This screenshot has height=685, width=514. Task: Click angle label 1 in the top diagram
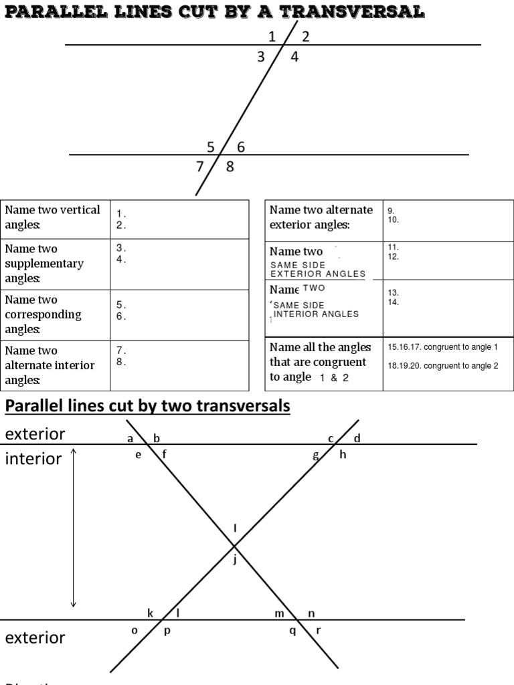tap(272, 37)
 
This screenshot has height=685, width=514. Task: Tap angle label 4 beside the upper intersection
tap(294, 57)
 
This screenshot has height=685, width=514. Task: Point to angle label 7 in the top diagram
tap(199, 167)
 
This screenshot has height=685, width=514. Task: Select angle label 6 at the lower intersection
tap(241, 147)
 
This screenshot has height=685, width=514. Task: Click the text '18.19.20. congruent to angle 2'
tap(442, 366)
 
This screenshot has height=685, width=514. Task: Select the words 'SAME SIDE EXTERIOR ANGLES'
tap(317, 269)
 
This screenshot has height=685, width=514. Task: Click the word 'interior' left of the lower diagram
tap(33, 459)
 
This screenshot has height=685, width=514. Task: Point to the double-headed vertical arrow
tap(74, 528)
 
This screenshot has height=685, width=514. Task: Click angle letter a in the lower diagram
tap(130, 439)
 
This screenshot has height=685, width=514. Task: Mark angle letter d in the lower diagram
tap(357, 439)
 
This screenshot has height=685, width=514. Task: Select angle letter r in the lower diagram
tap(318, 629)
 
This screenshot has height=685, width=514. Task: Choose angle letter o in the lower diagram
tap(135, 629)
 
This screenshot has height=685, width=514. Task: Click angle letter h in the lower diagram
tap(343, 455)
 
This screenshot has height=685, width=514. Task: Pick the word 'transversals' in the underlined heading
tap(248, 405)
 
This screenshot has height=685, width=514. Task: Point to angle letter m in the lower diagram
tap(279, 613)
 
